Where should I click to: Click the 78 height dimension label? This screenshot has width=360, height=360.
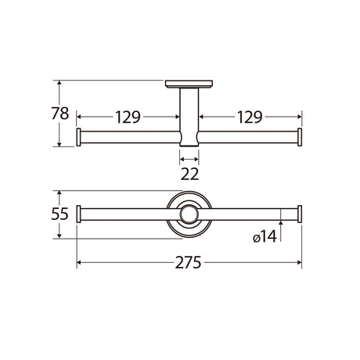[60, 113]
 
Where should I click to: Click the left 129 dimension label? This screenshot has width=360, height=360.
[128, 117]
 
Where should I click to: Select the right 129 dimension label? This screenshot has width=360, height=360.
[250, 117]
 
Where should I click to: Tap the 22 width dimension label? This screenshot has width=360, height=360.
[189, 174]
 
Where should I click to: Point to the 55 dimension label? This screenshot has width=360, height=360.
[59, 214]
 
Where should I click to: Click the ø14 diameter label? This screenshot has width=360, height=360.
[265, 237]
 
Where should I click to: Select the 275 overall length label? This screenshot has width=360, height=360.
[188, 262]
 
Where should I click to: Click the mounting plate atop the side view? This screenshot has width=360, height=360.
[189, 84]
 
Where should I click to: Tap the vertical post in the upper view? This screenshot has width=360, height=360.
[189, 117]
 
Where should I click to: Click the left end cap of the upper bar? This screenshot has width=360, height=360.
[78, 137]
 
